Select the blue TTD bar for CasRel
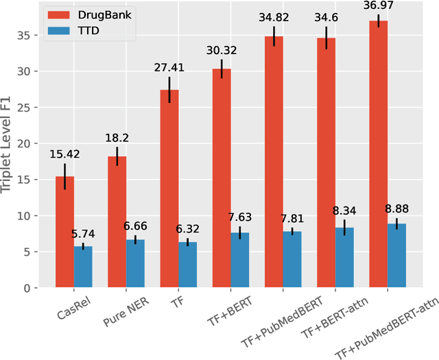coord(83,267)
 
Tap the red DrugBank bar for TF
coord(169,189)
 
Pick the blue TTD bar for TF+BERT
coord(239,261)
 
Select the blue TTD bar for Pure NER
coord(135,264)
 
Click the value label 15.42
coord(65,154)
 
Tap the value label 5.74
coord(83,234)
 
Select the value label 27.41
coord(169,68)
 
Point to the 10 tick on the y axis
coord(27,216)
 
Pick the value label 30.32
coord(222,51)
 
